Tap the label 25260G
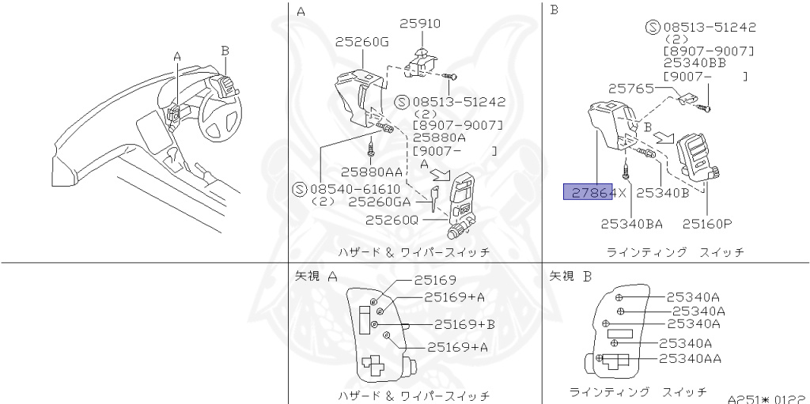(361, 42)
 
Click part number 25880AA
(372, 172)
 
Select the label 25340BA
(631, 224)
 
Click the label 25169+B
(464, 324)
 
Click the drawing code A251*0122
(766, 398)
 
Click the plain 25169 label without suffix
(435, 280)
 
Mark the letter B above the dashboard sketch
(225, 50)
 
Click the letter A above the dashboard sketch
(177, 56)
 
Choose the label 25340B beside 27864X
(663, 191)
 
